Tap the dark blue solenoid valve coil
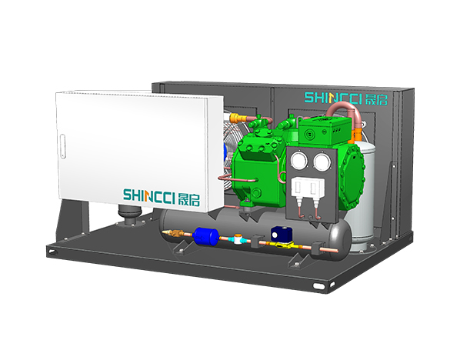click(280, 234)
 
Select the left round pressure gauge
click(299, 161)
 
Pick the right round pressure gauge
click(322, 162)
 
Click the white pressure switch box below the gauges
click(308, 187)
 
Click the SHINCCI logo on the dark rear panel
click(346, 98)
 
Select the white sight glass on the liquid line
click(238, 238)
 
